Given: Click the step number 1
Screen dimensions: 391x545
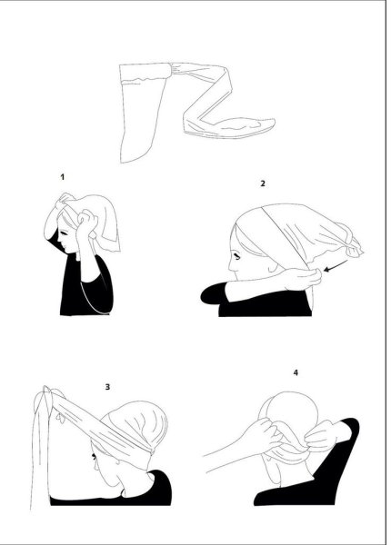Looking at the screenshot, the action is [x=62, y=177].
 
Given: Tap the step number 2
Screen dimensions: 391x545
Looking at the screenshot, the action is [x=263, y=183].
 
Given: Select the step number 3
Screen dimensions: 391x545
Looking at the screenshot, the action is [x=107, y=387].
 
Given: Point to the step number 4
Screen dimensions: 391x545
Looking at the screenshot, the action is [x=296, y=372].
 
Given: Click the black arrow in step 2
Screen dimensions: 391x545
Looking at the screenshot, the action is [x=336, y=265].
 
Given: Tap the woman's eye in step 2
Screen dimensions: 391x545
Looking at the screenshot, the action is [x=238, y=257].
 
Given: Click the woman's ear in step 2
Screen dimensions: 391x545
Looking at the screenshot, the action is [x=272, y=266].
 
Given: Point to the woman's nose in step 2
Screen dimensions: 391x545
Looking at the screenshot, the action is [x=231, y=267].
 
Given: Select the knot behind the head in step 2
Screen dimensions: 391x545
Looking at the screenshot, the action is [x=351, y=245].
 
